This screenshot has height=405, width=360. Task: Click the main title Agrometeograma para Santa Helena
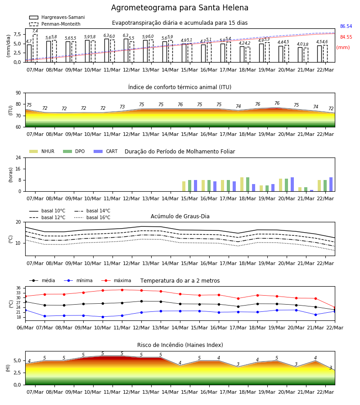180,8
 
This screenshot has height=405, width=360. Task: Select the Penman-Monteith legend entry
55,24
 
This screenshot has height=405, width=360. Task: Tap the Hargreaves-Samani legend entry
57,17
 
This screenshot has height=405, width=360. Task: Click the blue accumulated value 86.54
346,27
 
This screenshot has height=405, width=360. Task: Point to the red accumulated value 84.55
346,37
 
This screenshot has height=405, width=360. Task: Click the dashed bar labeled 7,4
35,48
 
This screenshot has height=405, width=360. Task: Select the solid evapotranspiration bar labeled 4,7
29,54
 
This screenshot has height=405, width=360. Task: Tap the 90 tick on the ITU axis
18,93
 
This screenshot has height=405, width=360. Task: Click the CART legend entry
106,151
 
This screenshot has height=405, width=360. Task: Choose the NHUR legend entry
42,151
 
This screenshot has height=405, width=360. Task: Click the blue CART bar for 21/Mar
312,191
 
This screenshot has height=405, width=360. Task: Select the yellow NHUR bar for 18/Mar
242,184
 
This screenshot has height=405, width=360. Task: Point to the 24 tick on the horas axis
18,157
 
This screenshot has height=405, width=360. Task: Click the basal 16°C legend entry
92,217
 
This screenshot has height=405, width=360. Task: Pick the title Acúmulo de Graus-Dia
180,216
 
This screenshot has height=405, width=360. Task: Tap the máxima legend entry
116,280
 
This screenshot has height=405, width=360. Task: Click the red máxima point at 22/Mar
335,308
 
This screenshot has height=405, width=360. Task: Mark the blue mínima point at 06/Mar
25,310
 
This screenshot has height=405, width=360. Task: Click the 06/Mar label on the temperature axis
25,328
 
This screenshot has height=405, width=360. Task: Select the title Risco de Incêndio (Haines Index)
180,345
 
